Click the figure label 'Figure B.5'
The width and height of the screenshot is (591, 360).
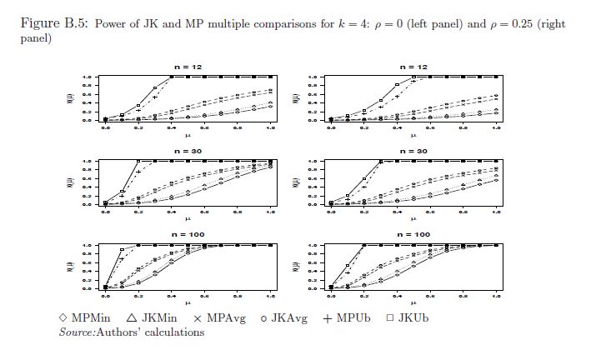tap(54, 23)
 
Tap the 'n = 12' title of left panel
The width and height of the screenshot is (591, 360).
tap(188, 66)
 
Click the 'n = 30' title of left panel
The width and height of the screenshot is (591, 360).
tap(188, 150)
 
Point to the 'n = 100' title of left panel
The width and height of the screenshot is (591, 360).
tap(188, 234)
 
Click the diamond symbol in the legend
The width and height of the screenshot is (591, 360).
tap(63, 318)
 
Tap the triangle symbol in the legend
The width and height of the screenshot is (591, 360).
tap(132, 318)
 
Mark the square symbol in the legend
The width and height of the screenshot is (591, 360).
tap(389, 318)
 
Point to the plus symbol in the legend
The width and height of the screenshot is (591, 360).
tap(327, 318)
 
